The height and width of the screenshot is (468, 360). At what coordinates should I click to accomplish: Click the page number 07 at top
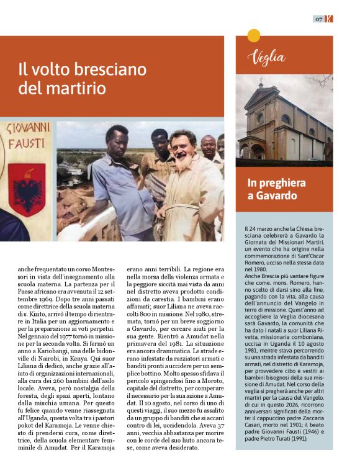(318, 19)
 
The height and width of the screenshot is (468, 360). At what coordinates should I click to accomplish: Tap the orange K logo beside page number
(329, 19)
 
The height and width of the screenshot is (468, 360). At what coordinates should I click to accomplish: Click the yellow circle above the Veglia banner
(253, 35)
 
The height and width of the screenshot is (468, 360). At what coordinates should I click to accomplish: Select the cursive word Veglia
(266, 57)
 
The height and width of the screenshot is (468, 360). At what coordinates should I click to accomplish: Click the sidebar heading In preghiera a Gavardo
(277, 190)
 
